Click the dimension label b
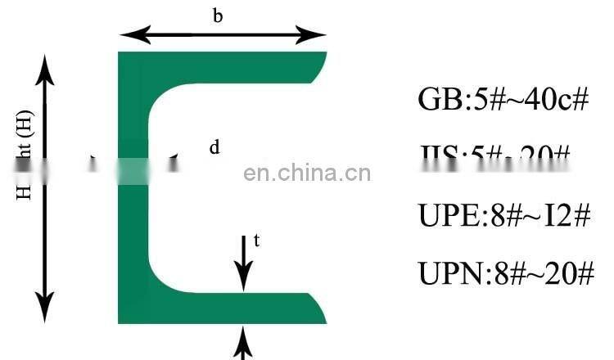click(218, 16)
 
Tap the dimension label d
click(214, 147)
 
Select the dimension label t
click(256, 241)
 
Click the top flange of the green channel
click(221, 65)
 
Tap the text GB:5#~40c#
click(503, 100)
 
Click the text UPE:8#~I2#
click(503, 215)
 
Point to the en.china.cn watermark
click(308, 173)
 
